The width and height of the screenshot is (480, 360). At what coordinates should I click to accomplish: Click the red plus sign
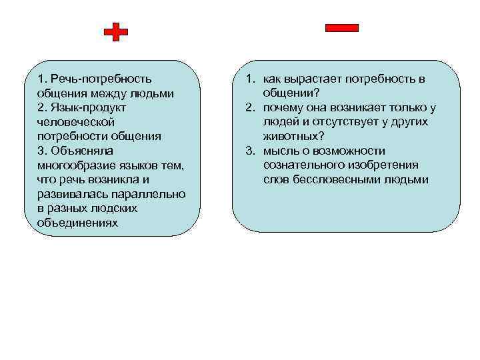(x=117, y=31)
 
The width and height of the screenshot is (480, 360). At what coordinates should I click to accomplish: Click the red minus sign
(x=341, y=27)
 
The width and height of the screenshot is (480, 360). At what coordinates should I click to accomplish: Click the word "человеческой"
(x=76, y=122)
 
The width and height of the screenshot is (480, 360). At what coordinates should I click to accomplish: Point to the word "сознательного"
(x=301, y=165)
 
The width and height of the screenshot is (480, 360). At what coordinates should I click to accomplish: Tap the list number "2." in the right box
(x=249, y=108)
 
